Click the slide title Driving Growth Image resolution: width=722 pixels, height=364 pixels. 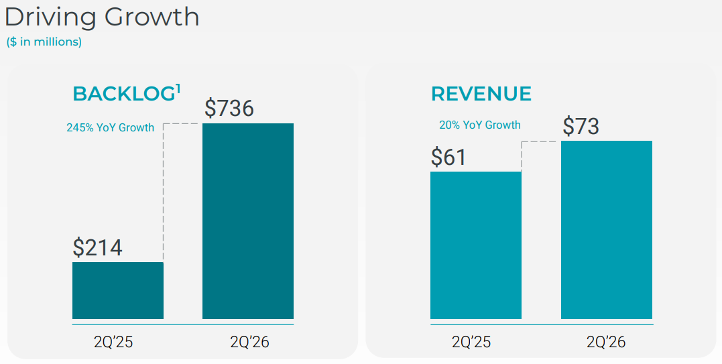pos(102,16)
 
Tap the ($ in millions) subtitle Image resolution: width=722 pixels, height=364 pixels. pos(44,42)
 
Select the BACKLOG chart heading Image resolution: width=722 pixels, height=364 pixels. pos(123,95)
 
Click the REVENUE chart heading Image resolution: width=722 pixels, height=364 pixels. pos(481,94)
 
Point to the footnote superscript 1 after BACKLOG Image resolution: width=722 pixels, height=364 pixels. pos(178,88)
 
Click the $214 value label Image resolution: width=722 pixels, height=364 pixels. pos(98,248)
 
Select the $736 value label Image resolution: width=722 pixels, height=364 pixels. pos(229,109)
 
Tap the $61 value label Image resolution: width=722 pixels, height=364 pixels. pos(448,158)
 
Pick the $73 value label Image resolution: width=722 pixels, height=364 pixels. pos(581,127)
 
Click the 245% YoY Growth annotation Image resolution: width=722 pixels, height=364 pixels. pos(110,127)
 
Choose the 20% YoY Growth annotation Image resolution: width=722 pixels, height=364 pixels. pos(480,125)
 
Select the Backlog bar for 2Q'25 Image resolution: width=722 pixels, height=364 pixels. pos(118,290)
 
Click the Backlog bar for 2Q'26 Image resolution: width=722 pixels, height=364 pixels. pos(248,221)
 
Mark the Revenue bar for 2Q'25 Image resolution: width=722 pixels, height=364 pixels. pos(476,245)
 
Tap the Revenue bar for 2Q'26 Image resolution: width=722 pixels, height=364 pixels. pos(607,230)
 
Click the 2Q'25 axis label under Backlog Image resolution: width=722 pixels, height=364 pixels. pos(113,342)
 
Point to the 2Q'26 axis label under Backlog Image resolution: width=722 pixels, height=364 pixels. pos(249,342)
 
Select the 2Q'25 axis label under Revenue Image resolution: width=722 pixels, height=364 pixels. pos(471,342)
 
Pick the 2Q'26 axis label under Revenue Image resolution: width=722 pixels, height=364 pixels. pos(606,342)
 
